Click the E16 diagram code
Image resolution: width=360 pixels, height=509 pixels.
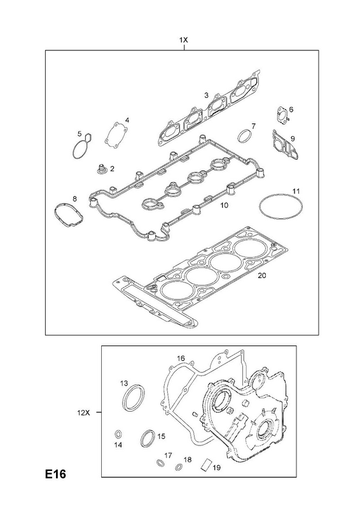coord(55,474)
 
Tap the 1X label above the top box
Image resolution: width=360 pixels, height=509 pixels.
coord(184,40)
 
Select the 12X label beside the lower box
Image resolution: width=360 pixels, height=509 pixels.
coord(83,413)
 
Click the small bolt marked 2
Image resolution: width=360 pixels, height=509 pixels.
coord(101,169)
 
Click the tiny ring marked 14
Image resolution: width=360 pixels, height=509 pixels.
coord(118,435)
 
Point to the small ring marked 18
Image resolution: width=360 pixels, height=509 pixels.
coord(179,468)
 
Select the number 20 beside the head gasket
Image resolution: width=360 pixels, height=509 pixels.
coord(261,275)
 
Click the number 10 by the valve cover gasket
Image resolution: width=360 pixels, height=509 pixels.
coord(225,205)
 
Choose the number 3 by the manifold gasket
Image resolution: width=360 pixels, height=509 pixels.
coord(206,95)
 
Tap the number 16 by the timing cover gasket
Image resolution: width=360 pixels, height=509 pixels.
coord(181,358)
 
